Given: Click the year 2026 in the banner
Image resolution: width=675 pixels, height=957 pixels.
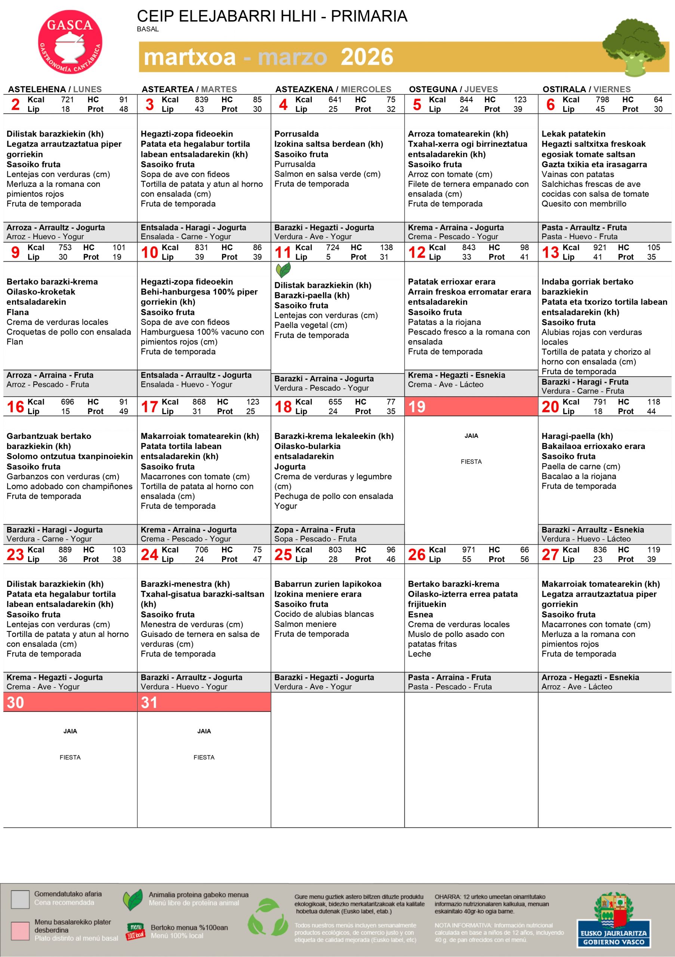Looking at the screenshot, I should tap(367, 57).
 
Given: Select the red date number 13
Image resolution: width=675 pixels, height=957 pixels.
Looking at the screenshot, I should tap(550, 252).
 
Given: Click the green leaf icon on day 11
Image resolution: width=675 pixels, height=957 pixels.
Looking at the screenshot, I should tap(283, 270).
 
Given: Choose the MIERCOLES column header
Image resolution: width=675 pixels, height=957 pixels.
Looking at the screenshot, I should tap(366, 89).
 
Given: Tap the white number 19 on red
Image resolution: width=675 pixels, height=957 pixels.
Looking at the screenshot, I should tap(417, 407).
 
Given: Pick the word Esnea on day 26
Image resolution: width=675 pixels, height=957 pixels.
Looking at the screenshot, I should tap(420, 614).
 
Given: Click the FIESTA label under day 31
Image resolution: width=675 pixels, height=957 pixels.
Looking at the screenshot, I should tap(204, 757).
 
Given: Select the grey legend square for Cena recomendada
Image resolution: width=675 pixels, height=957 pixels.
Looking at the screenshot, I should tap(20, 899).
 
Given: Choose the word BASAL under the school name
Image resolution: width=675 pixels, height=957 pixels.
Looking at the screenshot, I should tap(148, 29).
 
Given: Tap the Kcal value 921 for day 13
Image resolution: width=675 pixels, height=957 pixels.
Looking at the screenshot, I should tap(600, 247).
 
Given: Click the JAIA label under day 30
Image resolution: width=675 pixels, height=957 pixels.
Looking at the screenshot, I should tap(70, 731).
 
